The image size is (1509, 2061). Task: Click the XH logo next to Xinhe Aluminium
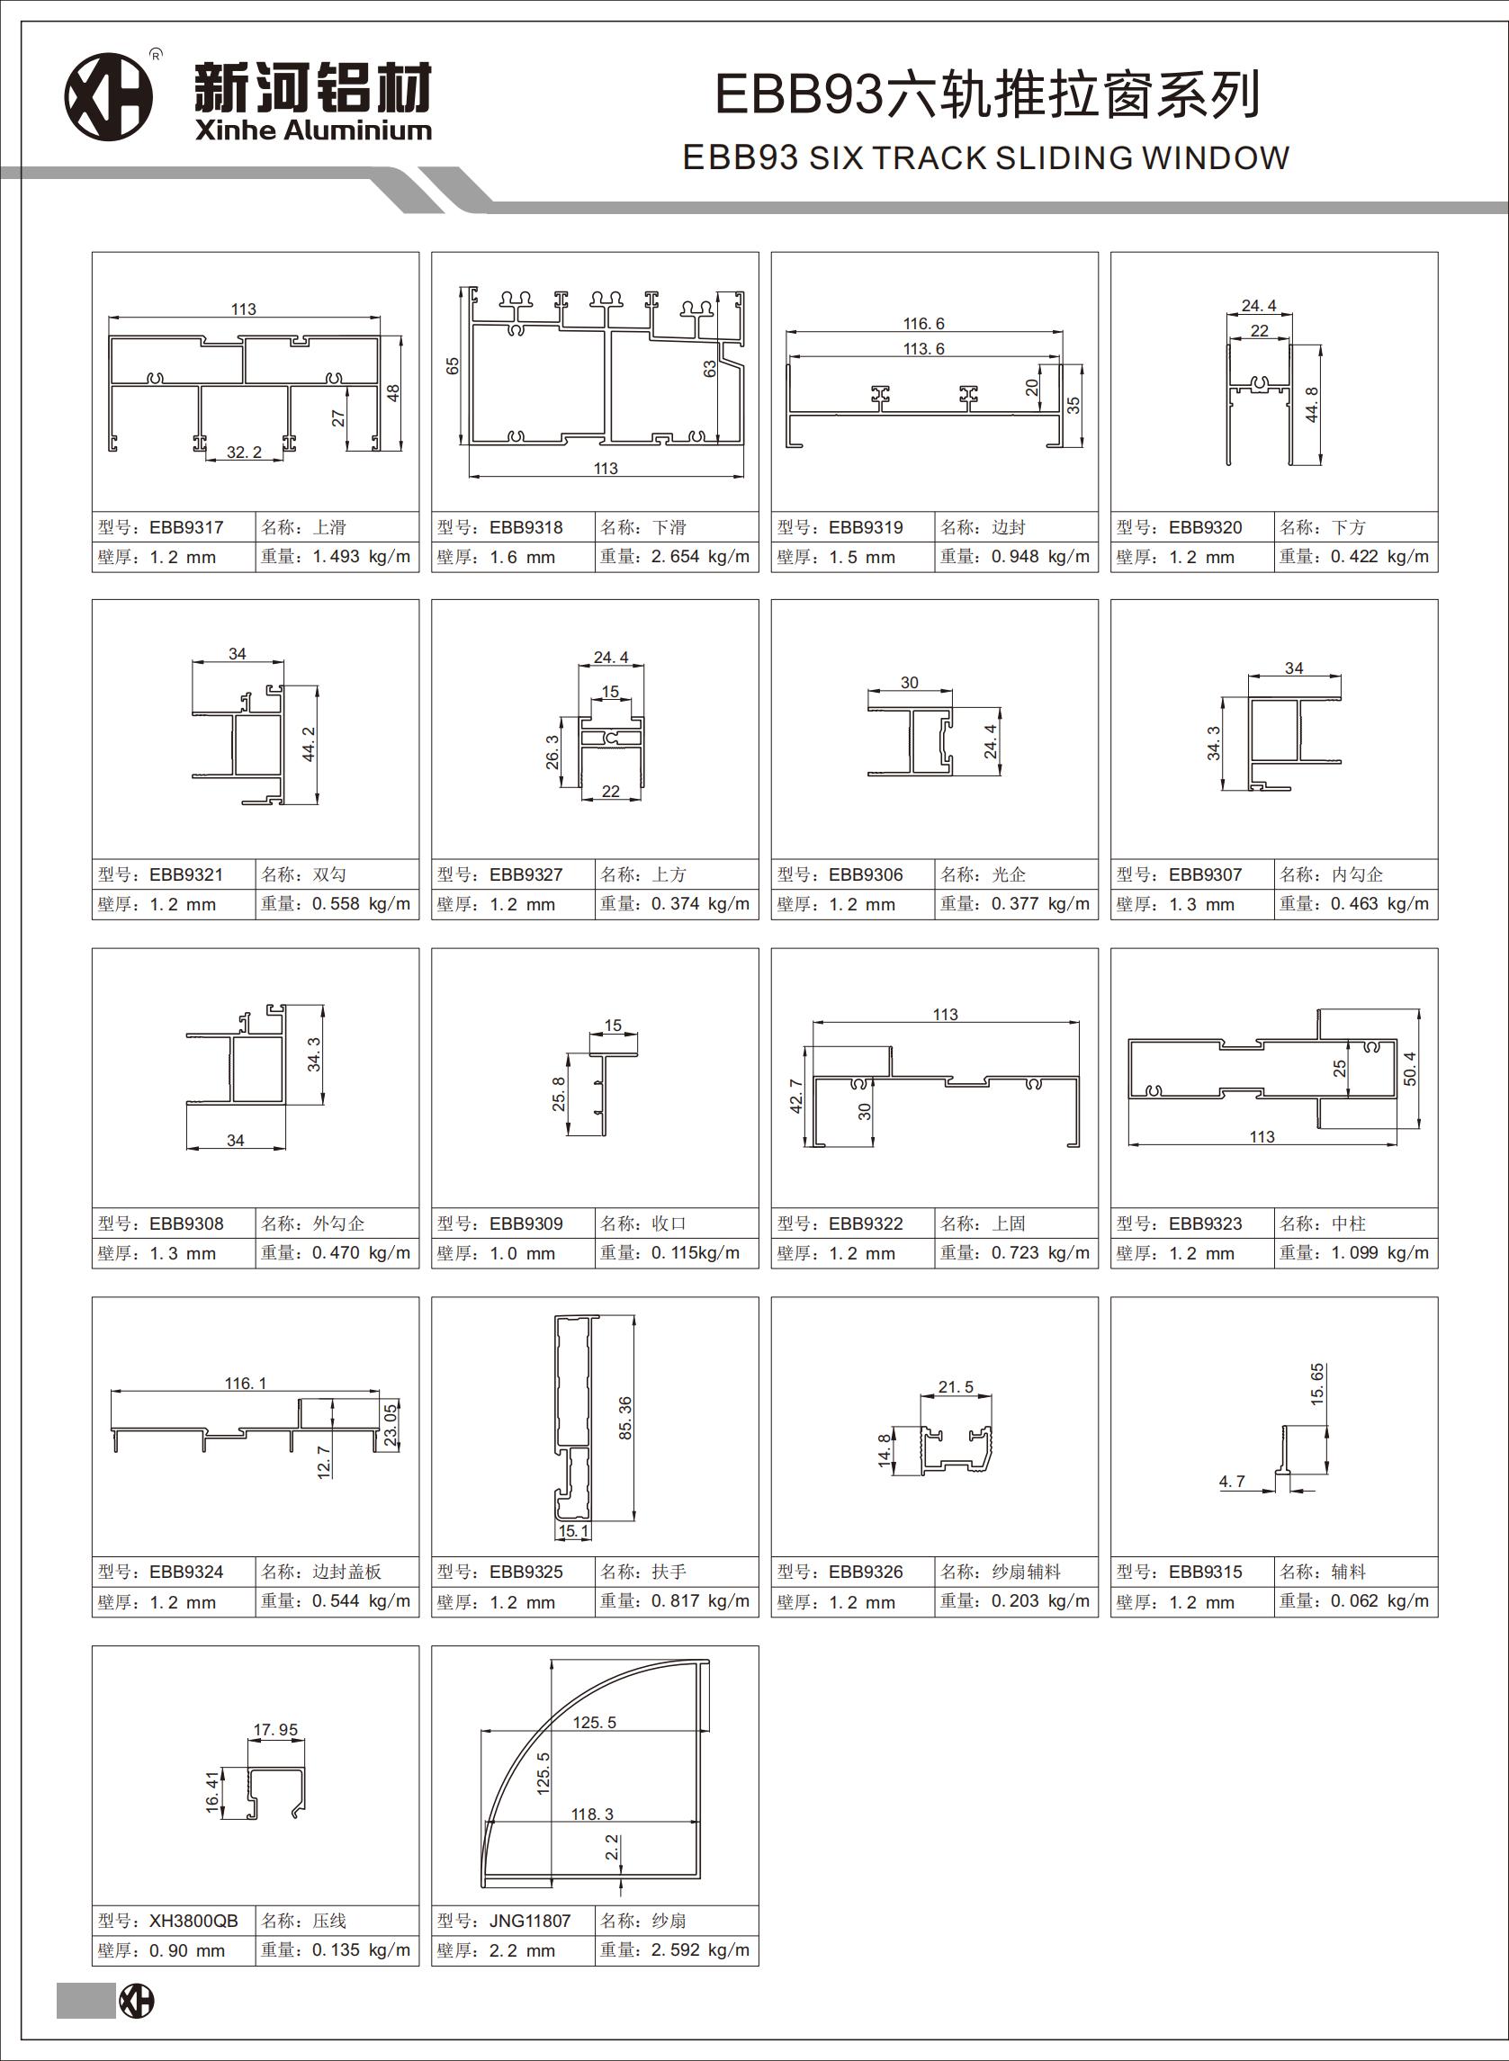[x=108, y=97]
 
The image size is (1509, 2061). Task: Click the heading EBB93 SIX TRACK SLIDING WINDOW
[x=985, y=158]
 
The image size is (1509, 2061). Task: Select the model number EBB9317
[x=186, y=527]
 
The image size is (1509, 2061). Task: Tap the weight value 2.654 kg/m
[x=701, y=556]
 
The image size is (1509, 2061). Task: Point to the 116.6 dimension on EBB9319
[x=923, y=323]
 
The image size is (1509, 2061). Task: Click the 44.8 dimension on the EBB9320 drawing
[x=1312, y=405]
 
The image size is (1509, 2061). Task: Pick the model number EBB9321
[x=186, y=874]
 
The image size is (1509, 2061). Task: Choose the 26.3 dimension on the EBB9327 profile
[x=552, y=752]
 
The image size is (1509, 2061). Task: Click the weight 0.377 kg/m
[x=1040, y=903]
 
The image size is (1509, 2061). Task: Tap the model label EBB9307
[x=1205, y=874]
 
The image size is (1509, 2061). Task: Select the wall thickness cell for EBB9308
[x=174, y=1253]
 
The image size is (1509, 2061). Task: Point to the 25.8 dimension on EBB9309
[x=559, y=1094]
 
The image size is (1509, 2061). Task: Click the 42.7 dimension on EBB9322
[x=795, y=1096]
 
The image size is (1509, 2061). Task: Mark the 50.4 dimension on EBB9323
[x=1409, y=1069]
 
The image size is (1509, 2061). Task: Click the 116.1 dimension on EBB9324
[x=246, y=1383]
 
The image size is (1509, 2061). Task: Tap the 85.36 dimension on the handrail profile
[x=624, y=1418]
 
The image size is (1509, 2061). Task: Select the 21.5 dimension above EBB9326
[x=956, y=1386]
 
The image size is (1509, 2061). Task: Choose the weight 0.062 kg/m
[x=1379, y=1600]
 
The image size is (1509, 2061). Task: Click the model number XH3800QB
[x=193, y=1921]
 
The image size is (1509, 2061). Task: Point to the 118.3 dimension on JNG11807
[x=593, y=1813]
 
